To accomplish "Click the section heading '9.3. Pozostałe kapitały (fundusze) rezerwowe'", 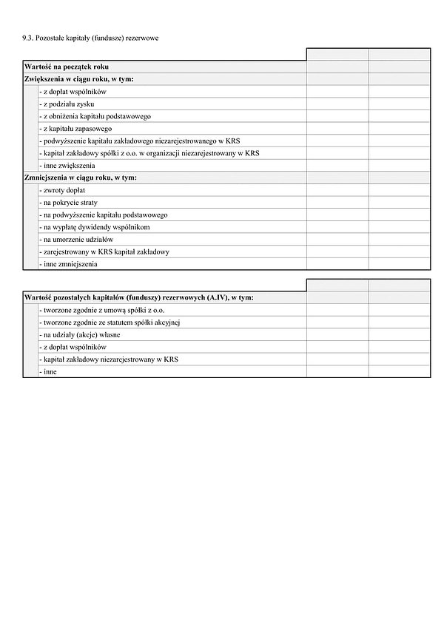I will point(91,37).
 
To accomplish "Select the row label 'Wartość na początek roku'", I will point(67,67).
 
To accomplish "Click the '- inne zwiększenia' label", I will point(68,166).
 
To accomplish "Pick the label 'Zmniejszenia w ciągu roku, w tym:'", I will point(81,178).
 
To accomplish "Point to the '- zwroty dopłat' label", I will point(64,190).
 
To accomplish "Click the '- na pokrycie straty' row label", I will point(70,202).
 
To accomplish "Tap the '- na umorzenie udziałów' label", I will point(77,239).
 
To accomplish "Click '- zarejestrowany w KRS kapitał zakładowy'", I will point(105,251).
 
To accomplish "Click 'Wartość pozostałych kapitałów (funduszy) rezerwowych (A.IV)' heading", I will point(138,297).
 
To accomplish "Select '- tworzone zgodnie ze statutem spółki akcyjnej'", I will point(111,322).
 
